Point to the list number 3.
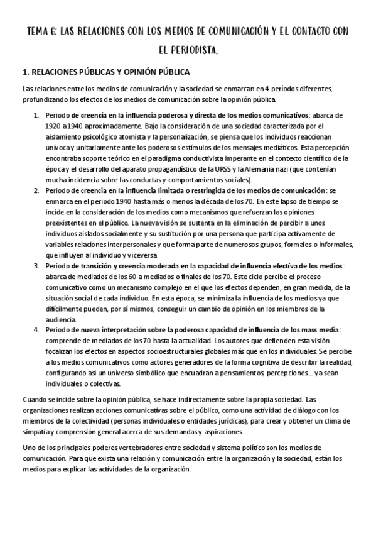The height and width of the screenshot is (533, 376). pyautogui.click(x=36, y=266)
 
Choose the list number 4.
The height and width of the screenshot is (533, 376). pyautogui.click(x=36, y=329)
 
